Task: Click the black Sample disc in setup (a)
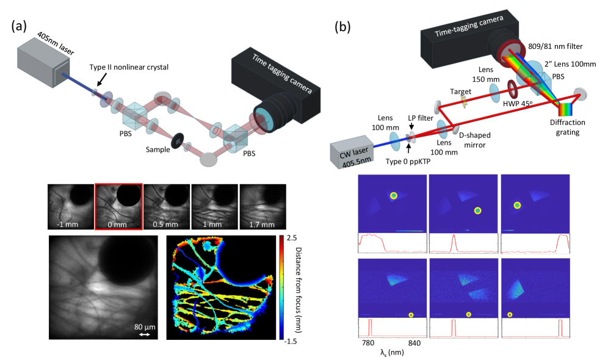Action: point(177,140)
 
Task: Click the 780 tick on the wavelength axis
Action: point(368,343)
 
